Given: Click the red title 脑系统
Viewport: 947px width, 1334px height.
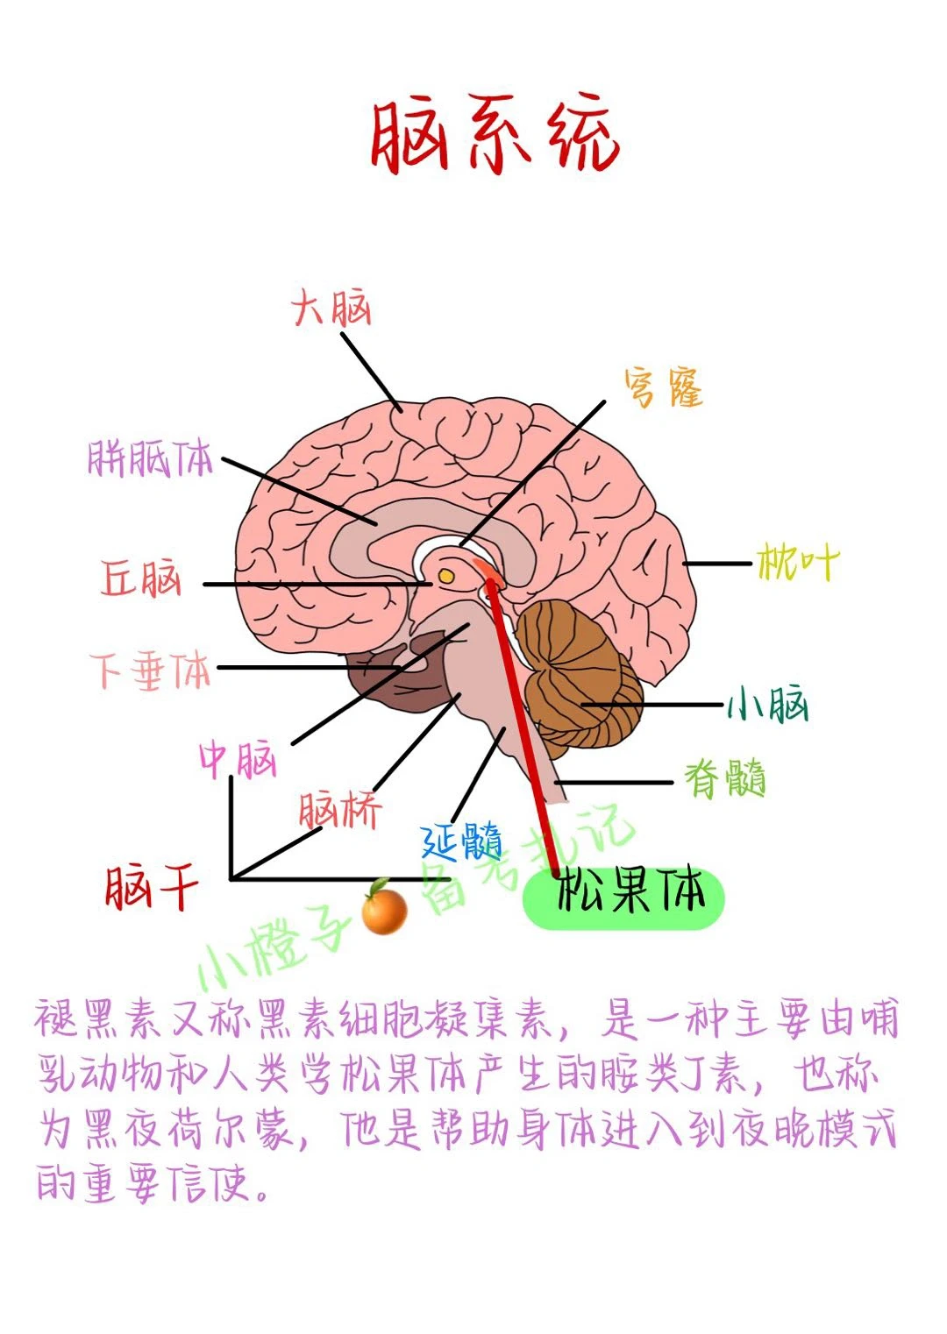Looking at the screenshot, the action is point(494,138).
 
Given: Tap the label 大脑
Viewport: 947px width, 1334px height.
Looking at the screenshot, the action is point(332,309).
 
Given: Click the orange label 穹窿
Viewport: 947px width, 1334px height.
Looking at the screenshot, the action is point(664,387).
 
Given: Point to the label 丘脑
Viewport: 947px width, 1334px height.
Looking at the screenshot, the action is point(141,579).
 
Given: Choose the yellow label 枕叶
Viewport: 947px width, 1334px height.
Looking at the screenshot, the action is point(798,562).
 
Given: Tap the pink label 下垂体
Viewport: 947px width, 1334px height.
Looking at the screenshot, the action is point(151,671).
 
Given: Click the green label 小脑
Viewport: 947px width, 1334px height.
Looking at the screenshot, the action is point(768,705).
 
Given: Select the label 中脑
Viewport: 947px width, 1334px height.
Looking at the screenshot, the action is point(238,759).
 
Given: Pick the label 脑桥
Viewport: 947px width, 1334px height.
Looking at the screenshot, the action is point(340,811).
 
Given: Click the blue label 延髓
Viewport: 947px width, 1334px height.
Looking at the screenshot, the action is point(462,841).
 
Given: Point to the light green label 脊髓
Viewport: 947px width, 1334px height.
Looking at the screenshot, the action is point(725,779).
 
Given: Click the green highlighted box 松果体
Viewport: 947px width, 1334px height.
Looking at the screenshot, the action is point(624,896).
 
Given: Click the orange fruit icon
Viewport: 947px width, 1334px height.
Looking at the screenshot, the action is point(384,909).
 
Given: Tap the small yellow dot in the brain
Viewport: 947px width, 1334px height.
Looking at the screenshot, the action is point(445,576).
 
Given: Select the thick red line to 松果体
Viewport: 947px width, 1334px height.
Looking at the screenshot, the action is point(524,727).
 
